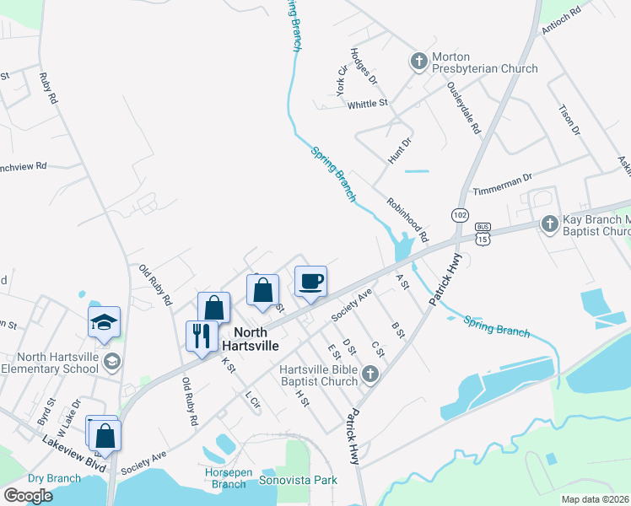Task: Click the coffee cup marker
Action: coord(310,281)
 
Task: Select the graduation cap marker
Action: coord(105,322)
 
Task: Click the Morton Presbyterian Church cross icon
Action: coord(418,62)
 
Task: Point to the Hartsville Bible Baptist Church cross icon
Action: coord(369,374)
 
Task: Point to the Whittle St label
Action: coord(367,104)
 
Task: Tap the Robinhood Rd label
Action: coord(407,218)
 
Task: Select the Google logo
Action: coord(28,495)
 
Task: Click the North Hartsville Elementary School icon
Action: coord(111,362)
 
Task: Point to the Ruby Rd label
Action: coord(48,88)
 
